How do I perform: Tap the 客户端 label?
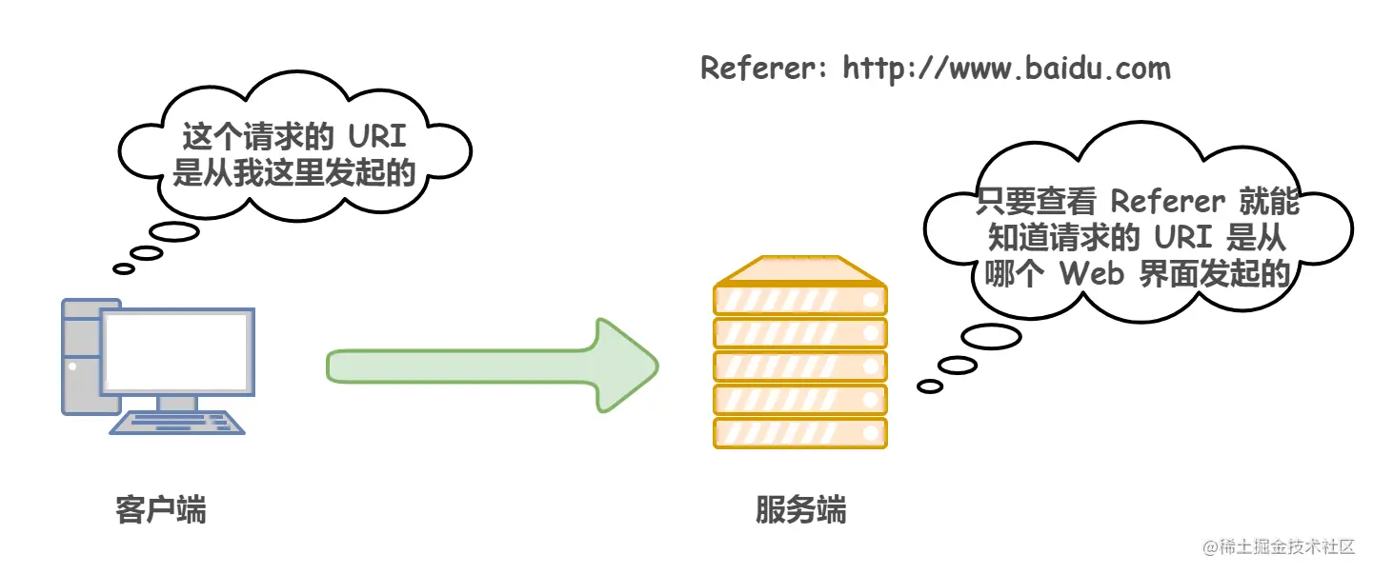[160, 510]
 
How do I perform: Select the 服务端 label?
[800, 510]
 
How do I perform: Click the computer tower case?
[81, 357]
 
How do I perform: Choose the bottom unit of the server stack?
[799, 433]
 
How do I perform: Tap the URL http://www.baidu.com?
[1005, 69]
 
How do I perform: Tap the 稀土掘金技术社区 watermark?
[1279, 547]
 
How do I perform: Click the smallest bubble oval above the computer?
[124, 268]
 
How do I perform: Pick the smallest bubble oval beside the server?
[930, 386]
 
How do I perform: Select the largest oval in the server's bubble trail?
[991, 336]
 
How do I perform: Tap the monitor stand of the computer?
[176, 404]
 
